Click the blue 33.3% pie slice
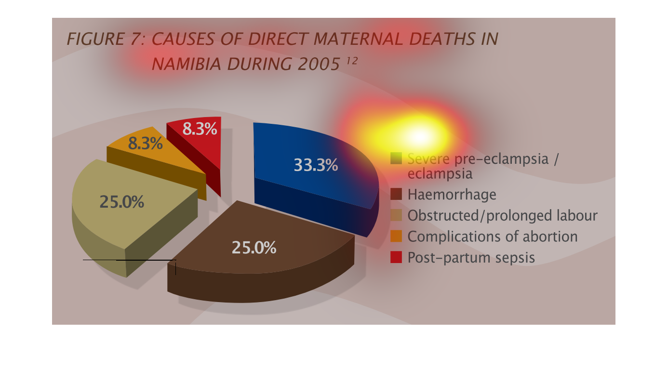coord(313,176)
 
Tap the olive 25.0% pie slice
coord(128,215)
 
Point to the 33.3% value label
coord(316,165)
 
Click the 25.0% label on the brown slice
coord(254,248)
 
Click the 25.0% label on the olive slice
coord(121,202)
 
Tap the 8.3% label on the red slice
coord(200,129)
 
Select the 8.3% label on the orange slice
coord(145,144)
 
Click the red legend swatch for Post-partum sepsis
coord(396,257)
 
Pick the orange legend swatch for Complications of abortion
coord(396,236)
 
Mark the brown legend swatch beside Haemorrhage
coord(396,194)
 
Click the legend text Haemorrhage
coord(452,195)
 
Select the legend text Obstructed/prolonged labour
coord(503,215)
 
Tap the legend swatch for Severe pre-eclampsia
coord(396,159)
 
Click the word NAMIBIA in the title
coord(187,64)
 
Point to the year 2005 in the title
coord(319,64)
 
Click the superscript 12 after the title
coord(352,61)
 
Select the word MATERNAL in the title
coord(358,39)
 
